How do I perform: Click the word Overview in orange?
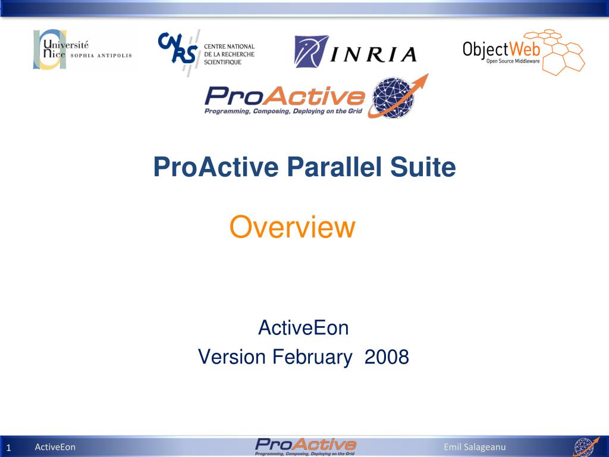[292, 227]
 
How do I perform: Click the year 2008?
[387, 357]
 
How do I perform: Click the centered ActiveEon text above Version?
[303, 327]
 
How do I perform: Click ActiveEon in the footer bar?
[55, 447]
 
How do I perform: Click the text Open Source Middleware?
[513, 60]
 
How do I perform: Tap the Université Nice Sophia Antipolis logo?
[82, 49]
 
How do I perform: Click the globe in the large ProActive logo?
[392, 98]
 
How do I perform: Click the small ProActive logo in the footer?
[305, 446]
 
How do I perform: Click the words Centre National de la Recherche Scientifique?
[229, 54]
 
